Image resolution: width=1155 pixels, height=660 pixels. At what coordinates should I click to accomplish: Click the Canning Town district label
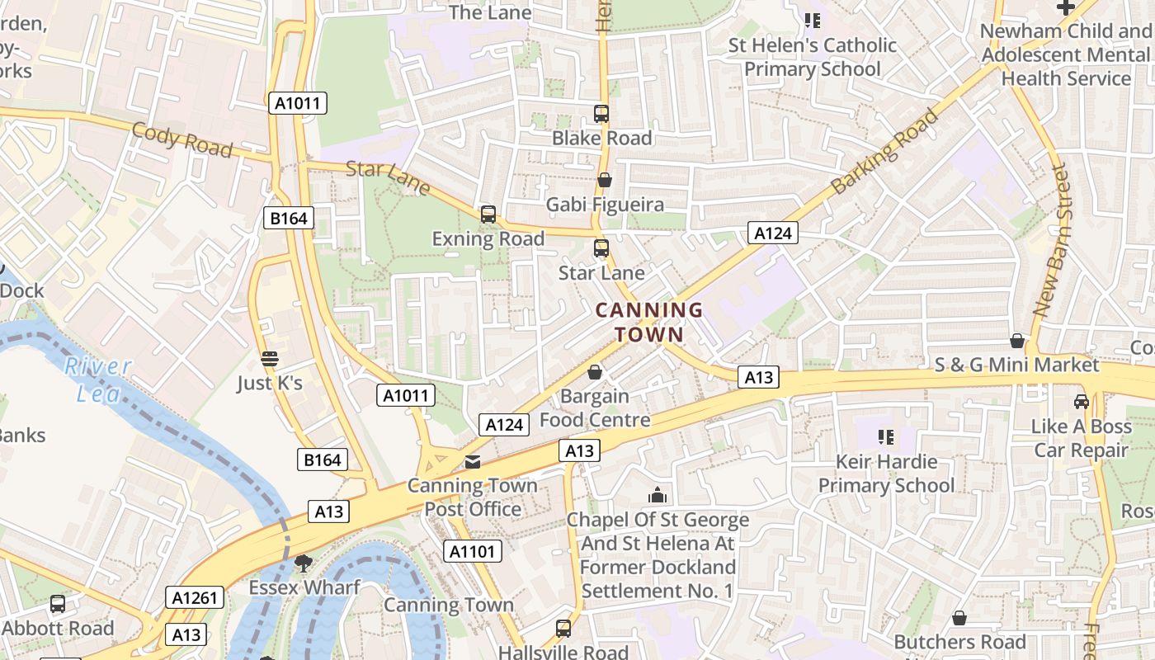coord(648,322)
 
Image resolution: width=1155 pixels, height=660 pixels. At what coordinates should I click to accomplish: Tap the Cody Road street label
coord(181,139)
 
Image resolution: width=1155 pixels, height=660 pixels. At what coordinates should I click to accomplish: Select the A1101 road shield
coord(473,551)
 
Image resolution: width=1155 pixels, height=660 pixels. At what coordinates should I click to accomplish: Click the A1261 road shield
coord(195,598)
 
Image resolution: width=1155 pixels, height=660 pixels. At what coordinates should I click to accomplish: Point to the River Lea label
coord(98,379)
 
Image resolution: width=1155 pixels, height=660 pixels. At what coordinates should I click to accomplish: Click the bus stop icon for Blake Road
coord(601,114)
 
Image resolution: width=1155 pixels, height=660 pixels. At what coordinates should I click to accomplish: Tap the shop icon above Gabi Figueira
coord(605,180)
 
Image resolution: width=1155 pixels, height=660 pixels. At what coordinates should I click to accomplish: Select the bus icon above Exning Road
coord(488,214)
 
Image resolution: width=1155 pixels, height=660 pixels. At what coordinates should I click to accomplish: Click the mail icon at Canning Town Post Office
coord(473,462)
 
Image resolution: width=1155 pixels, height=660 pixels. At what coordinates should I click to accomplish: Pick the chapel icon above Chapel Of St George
coord(658,495)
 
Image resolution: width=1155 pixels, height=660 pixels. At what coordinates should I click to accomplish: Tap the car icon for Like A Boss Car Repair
coord(1081,402)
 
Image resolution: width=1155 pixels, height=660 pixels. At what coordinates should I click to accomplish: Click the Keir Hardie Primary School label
coord(886,473)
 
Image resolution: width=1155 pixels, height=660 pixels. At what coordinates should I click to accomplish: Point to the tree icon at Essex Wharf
coord(304,563)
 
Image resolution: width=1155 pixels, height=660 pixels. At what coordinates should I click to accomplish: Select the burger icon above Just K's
coord(270,359)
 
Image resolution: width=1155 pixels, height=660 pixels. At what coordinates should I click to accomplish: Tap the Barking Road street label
coord(884,151)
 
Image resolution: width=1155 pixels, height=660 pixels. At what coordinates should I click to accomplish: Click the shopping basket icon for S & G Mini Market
coord(1017,341)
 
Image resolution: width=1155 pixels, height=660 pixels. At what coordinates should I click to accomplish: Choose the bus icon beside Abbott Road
coord(57,604)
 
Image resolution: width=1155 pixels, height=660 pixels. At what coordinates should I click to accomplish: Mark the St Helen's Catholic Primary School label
coord(812,57)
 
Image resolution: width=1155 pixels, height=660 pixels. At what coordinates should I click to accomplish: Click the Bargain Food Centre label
coord(594,408)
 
